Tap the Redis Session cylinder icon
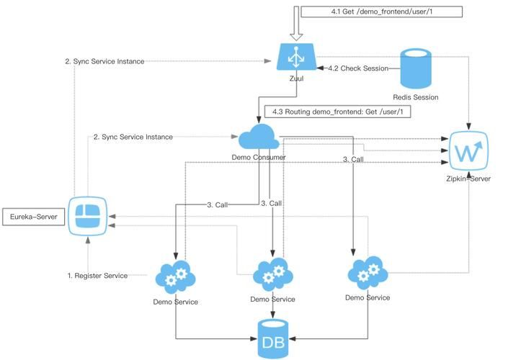pyautogui.click(x=415, y=68)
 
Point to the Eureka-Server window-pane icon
pyautogui.click(x=88, y=215)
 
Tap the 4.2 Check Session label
pyautogui.click(x=357, y=68)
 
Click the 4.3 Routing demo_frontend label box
pyautogui.click(x=338, y=112)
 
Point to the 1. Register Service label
pyautogui.click(x=97, y=276)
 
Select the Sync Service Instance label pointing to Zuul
pyautogui.click(x=104, y=61)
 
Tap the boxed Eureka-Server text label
pyautogui.click(x=33, y=215)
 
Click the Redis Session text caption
pyautogui.click(x=415, y=97)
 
